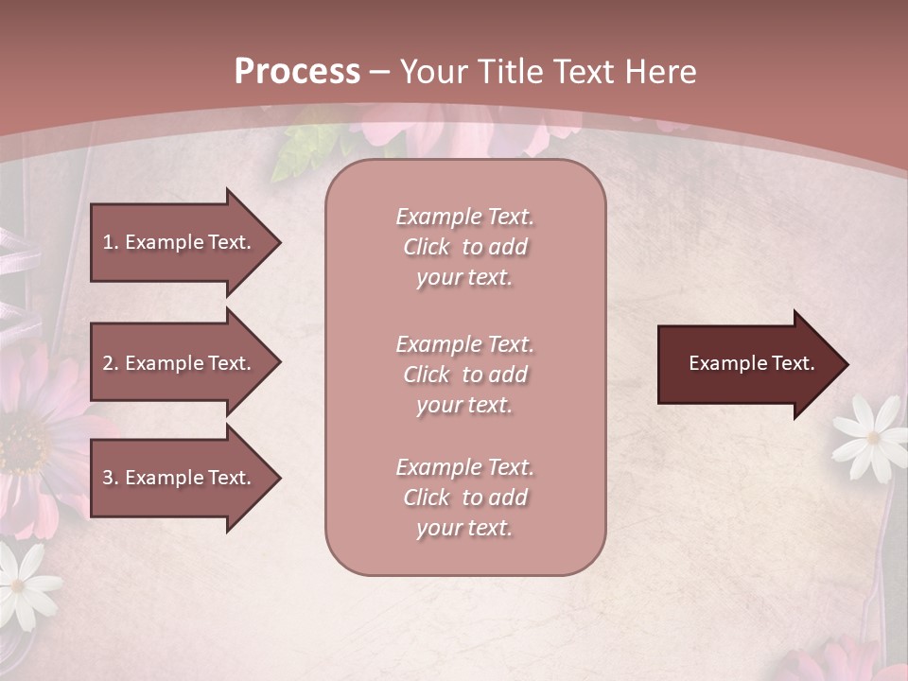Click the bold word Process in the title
297,72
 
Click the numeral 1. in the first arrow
111,242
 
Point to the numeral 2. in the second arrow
111,363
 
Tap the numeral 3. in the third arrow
111,478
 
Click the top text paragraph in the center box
464,247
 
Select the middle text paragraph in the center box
464,375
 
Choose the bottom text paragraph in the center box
464,498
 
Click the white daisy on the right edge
871,435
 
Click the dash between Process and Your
379,72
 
